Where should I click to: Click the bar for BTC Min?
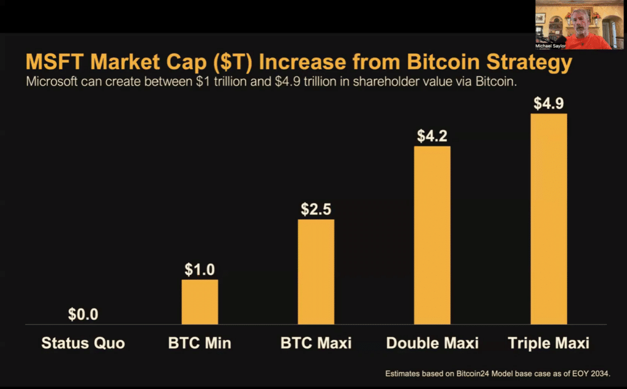point(200,302)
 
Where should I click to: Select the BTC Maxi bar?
point(316,271)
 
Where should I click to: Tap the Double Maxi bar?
point(432,235)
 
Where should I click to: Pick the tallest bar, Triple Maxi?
point(549,219)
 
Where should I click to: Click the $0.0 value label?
point(83,315)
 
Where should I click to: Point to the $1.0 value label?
point(200,269)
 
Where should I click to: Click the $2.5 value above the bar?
point(316,209)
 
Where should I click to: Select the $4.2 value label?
point(432,135)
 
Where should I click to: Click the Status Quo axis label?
point(83,343)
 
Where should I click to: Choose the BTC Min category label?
point(200,343)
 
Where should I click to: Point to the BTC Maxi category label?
point(316,343)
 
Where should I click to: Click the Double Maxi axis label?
point(432,343)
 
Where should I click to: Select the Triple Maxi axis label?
point(549,343)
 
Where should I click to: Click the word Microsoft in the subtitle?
point(52,82)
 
